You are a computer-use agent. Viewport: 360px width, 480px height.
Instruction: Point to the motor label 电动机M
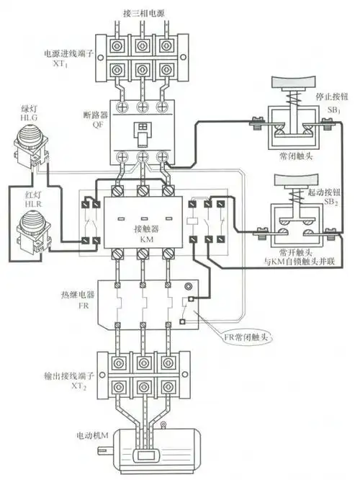(x=90, y=437)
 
